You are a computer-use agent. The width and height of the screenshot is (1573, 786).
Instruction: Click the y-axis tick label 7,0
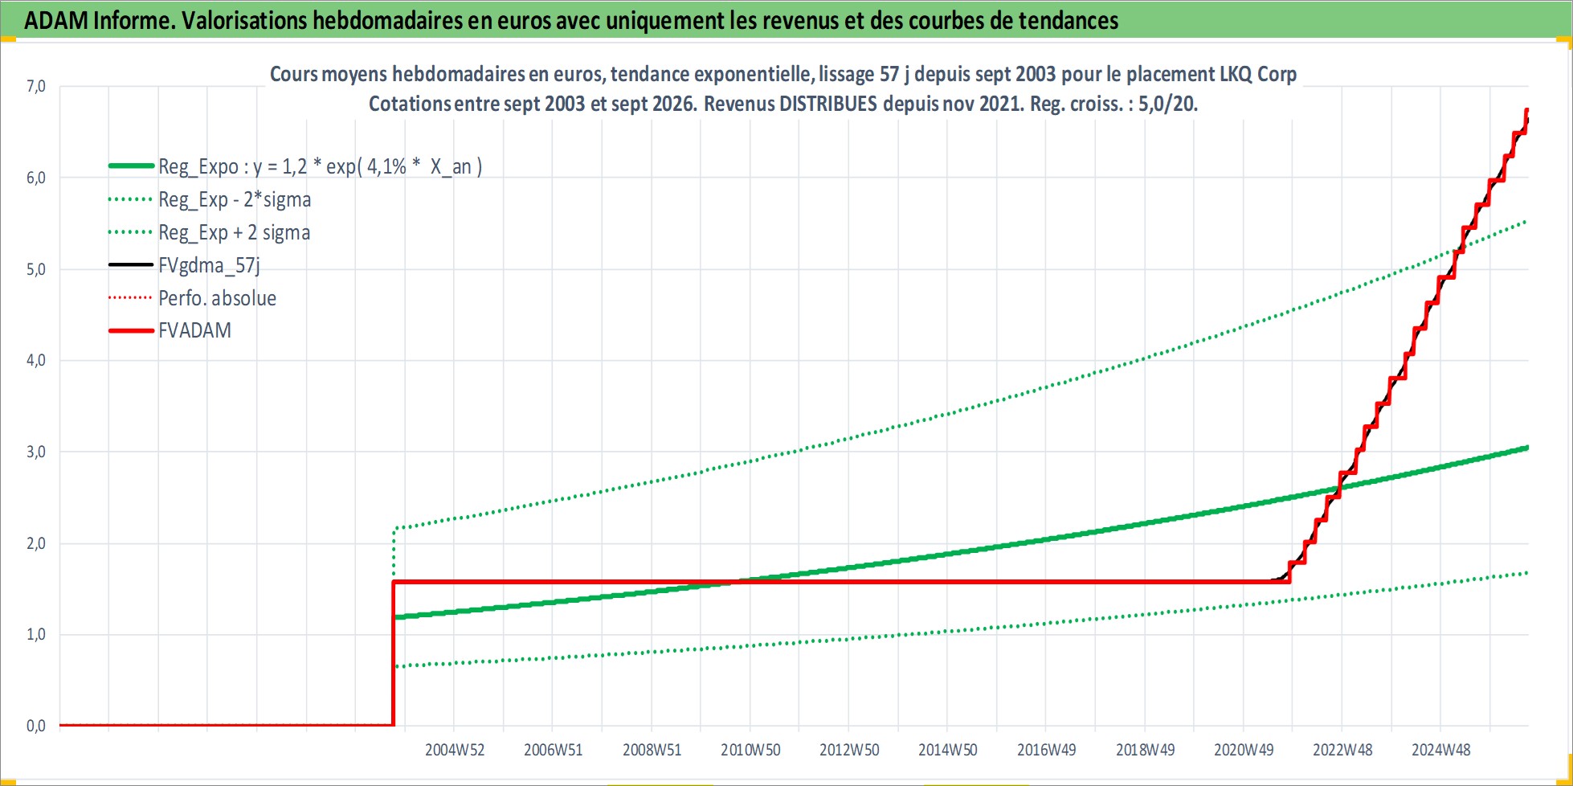click(36, 86)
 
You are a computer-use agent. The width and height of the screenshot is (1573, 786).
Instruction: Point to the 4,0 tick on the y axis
click(36, 360)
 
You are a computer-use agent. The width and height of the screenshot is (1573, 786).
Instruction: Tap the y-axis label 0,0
click(36, 726)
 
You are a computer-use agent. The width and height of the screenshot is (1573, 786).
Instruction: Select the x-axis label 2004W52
click(455, 750)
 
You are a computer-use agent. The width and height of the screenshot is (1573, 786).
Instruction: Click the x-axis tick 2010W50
click(750, 750)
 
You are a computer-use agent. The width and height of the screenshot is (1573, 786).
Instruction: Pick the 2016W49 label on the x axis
click(1046, 750)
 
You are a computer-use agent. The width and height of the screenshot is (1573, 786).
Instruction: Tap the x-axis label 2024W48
click(1440, 750)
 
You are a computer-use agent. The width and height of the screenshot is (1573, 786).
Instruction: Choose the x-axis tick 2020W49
click(1244, 750)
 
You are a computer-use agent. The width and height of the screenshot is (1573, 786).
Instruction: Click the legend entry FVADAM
click(194, 330)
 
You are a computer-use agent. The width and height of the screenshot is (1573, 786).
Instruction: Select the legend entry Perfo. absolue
click(217, 298)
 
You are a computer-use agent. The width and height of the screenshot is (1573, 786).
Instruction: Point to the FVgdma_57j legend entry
click(209, 265)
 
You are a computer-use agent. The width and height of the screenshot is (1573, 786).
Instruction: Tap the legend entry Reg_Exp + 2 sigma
click(234, 232)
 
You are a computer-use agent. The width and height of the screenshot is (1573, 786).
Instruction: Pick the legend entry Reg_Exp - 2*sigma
click(235, 199)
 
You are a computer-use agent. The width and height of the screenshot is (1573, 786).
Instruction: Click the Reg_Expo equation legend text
click(320, 166)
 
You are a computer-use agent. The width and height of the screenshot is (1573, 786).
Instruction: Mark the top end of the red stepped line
click(1526, 109)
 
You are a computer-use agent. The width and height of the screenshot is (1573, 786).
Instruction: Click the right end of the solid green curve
click(1527, 448)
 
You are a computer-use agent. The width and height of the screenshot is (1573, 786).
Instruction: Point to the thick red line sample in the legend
click(131, 330)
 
